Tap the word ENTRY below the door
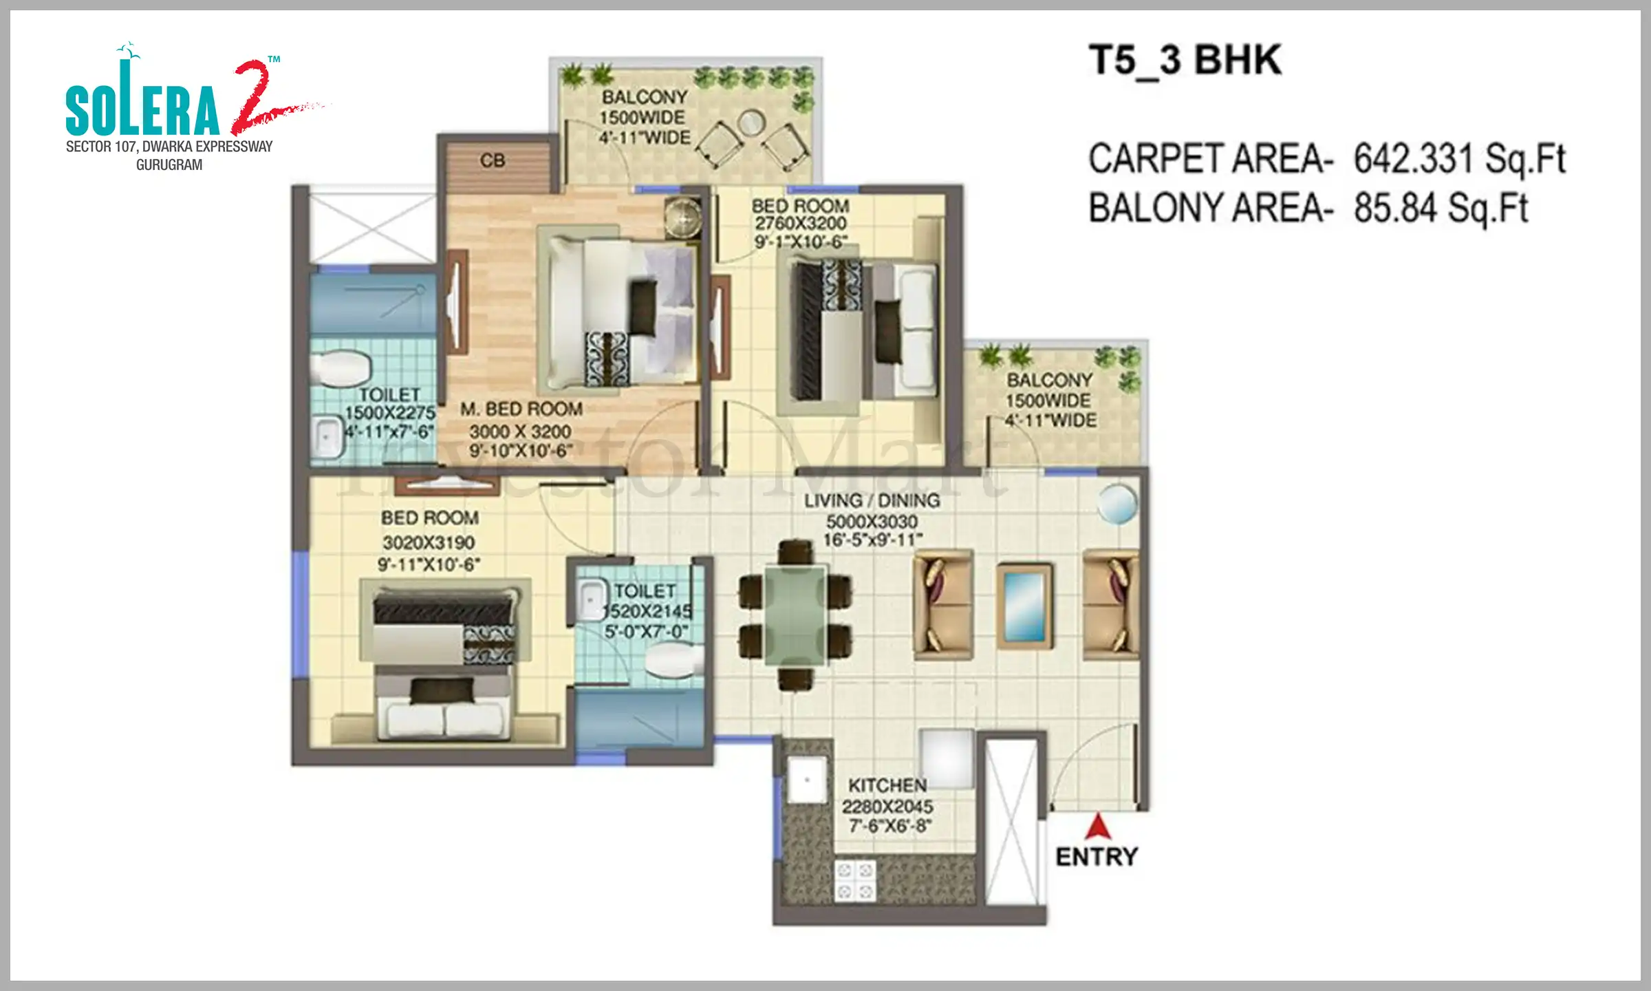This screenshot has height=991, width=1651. click(x=1097, y=857)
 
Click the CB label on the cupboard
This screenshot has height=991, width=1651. click(x=493, y=161)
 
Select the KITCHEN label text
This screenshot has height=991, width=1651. click(x=887, y=785)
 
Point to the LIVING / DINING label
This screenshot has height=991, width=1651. click(x=872, y=500)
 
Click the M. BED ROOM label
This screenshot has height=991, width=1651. click(x=521, y=409)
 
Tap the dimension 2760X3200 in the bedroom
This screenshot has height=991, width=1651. click(x=801, y=224)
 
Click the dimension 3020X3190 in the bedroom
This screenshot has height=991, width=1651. click(x=429, y=542)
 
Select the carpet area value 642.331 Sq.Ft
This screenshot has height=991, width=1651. click(x=1459, y=159)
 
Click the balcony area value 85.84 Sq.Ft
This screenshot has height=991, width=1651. click(x=1440, y=208)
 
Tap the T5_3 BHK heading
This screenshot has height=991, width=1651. click(x=1185, y=60)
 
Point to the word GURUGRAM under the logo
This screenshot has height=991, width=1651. click(x=169, y=165)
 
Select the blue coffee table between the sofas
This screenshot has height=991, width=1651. click(x=1024, y=606)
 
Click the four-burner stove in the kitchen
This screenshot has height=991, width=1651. click(x=855, y=881)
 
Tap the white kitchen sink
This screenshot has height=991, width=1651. click(x=807, y=780)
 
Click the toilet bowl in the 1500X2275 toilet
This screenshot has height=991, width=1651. click(x=341, y=369)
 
